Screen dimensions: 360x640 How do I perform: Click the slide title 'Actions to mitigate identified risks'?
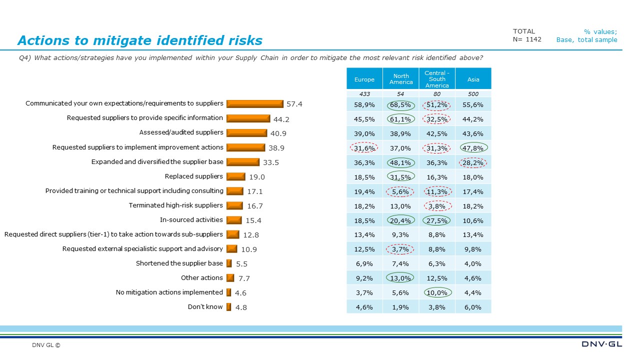pos(139,40)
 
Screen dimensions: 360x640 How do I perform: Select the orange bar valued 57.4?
pos(255,103)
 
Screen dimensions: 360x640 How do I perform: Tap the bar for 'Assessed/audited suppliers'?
pos(246,132)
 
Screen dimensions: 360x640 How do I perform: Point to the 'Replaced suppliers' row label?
pos(194,176)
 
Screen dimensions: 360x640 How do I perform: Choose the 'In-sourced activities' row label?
pos(191,219)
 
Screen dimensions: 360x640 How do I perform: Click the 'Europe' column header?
pos(364,79)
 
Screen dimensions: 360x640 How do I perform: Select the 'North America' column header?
pos(401,79)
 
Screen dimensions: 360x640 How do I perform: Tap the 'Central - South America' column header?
pos(437,79)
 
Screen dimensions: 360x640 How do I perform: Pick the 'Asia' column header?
pos(473,79)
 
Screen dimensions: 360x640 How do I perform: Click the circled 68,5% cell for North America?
pos(401,104)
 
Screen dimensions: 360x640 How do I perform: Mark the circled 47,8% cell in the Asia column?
pos(473,147)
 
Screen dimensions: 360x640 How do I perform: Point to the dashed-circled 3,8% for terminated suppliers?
pos(437,205)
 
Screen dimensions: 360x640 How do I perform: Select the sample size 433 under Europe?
pos(364,94)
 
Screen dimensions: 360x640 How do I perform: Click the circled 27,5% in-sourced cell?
pos(437,220)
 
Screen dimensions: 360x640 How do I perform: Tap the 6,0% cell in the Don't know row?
pos(473,307)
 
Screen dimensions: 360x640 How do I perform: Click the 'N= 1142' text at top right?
pos(527,39)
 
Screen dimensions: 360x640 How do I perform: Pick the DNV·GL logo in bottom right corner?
pos(602,344)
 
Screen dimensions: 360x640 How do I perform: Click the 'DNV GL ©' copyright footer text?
pos(46,345)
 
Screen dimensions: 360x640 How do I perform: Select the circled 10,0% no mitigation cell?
pos(437,292)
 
